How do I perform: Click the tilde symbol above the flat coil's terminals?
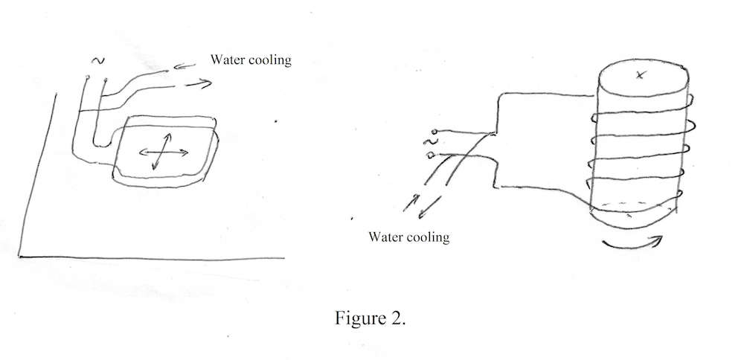[x=94, y=60]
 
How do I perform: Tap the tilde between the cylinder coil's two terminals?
[x=429, y=143]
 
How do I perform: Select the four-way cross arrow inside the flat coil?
[x=164, y=152]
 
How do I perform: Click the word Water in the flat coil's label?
[x=228, y=60]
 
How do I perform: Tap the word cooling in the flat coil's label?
[x=269, y=60]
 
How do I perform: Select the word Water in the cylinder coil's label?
[x=386, y=238]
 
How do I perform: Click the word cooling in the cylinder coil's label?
[x=429, y=238]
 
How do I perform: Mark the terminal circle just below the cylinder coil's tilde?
[x=432, y=154]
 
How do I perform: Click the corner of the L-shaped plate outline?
[x=19, y=255]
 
